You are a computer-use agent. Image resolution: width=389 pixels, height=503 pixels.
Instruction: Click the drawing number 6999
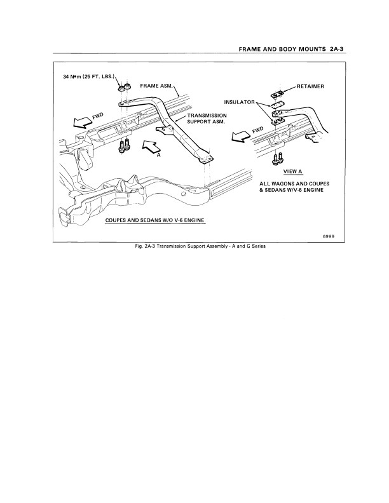[336, 236]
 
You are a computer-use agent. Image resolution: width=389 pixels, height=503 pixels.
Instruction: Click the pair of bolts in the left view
[124, 145]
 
